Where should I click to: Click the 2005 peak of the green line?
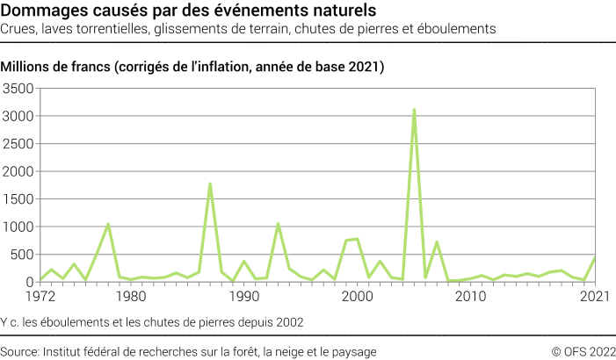414,110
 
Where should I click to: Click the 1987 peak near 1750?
210,184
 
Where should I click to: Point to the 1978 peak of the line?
108,224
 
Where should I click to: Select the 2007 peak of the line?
437,241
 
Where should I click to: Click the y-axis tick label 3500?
18,89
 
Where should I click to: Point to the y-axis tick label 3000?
18,116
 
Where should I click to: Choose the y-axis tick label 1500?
18,199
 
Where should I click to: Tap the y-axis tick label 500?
22,255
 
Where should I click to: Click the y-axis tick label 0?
30,282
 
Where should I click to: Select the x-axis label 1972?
40,298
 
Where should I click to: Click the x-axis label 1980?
131,298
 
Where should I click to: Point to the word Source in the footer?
21,351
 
